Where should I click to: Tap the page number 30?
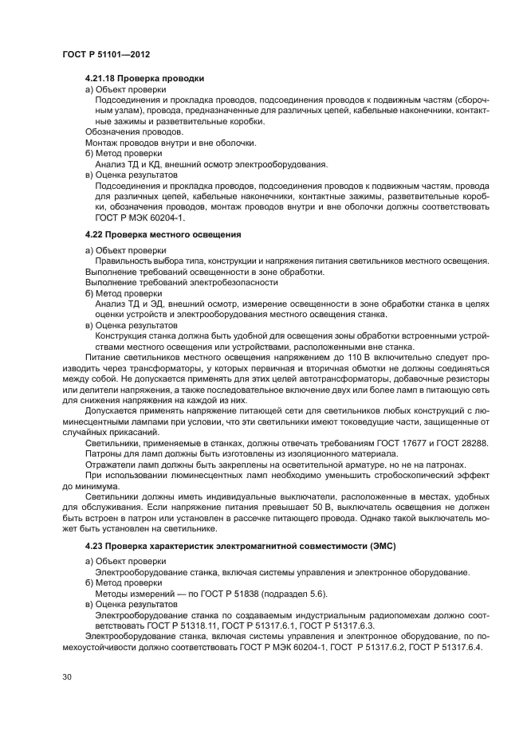coord(67,677)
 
